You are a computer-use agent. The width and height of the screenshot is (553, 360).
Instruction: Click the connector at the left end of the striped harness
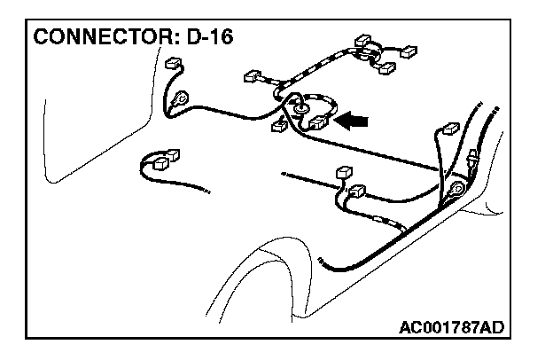click(253, 75)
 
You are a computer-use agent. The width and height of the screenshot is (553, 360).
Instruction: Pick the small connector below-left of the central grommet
click(279, 126)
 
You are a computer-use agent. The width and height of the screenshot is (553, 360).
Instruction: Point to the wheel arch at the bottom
click(266, 266)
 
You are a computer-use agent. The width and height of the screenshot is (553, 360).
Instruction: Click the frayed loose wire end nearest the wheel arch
click(321, 266)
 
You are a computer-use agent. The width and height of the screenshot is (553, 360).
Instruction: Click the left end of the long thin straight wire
click(283, 173)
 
